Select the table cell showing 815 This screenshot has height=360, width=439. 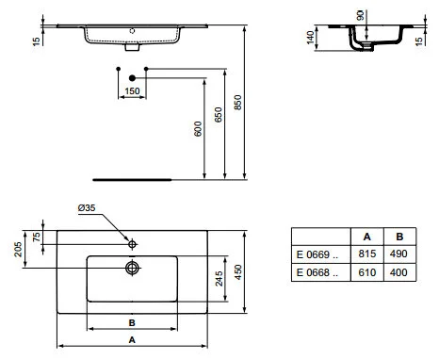[x=366, y=254]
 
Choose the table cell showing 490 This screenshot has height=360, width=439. [x=398, y=254]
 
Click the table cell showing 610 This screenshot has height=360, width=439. [x=366, y=271]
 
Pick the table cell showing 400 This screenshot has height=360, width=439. [x=398, y=271]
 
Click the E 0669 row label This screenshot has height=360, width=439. [x=317, y=254]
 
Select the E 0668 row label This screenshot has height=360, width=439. [x=317, y=271]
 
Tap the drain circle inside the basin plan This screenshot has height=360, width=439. [x=133, y=268]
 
